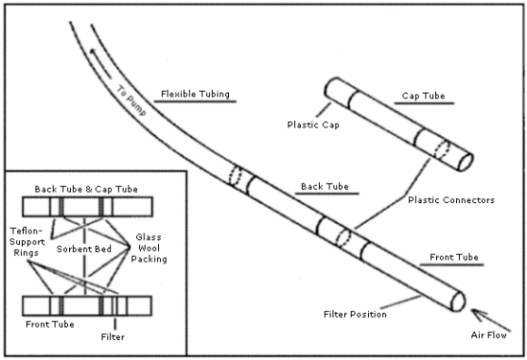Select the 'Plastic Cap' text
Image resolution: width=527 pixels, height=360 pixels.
(x=314, y=123)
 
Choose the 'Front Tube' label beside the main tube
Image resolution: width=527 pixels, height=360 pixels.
(x=445, y=259)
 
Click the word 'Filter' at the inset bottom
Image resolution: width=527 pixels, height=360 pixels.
(x=113, y=337)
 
